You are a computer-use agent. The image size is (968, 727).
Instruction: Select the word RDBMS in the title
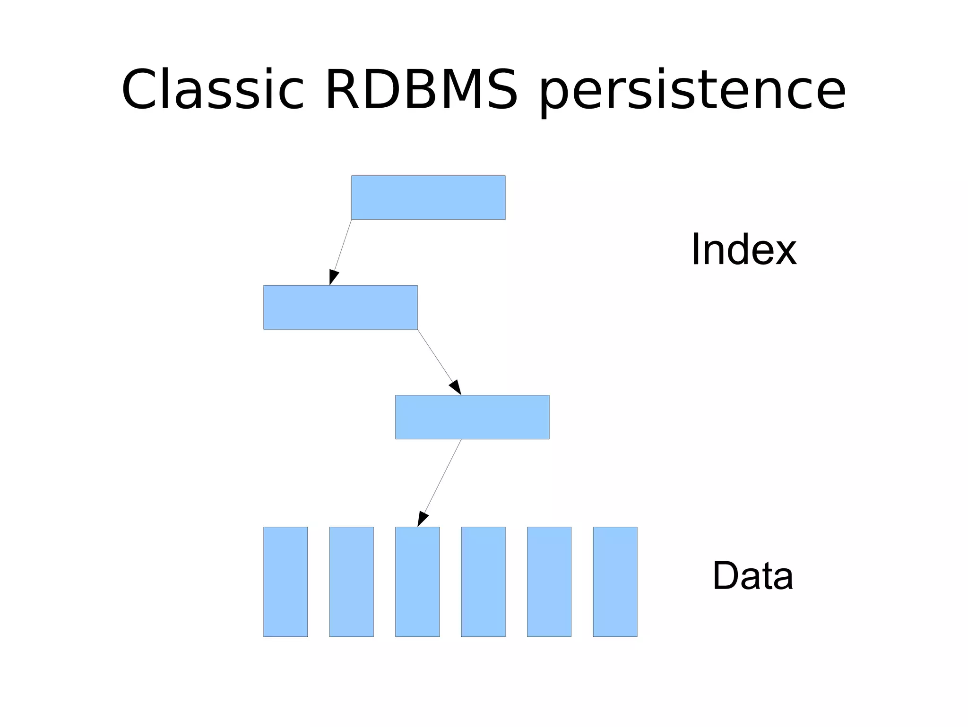pos(421,90)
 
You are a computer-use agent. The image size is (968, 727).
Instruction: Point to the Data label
pos(752,575)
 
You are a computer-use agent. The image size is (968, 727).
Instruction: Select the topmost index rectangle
pos(428,197)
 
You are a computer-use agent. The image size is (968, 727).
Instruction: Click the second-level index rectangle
pos(340,307)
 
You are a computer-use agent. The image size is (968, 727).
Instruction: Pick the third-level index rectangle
pos(472,417)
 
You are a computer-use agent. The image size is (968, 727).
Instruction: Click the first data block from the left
pos(285,582)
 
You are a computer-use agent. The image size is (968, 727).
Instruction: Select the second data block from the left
pos(351,582)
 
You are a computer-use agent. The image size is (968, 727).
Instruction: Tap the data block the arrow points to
pos(417,582)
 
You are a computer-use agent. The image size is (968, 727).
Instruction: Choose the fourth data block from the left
pos(483,582)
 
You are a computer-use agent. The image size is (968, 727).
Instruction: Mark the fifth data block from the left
pos(549,582)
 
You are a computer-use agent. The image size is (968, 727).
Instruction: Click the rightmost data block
pos(615,582)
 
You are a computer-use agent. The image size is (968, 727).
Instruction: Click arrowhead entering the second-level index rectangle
pos(333,277)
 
